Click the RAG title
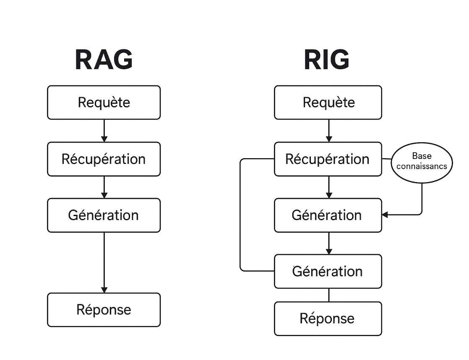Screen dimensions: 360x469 point(104,60)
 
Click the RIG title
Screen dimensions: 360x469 point(326,60)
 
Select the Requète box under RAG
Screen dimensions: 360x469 point(104,102)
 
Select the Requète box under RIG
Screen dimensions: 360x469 point(328,102)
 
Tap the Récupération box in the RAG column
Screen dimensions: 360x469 point(104,159)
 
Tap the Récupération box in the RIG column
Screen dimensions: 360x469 point(328,159)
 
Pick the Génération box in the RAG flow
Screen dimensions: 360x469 point(104,215)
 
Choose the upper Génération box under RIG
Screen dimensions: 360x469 point(328,215)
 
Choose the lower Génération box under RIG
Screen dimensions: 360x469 point(328,271)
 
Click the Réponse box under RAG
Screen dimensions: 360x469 point(104,310)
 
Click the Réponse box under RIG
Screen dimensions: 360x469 point(328,318)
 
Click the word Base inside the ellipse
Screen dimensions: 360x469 point(422,156)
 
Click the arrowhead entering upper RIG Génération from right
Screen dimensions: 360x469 point(385,215)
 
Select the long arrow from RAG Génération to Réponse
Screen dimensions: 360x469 point(104,262)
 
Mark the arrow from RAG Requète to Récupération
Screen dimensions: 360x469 point(104,130)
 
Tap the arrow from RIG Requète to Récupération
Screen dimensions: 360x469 point(328,130)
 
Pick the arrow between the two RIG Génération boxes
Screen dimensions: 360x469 point(328,243)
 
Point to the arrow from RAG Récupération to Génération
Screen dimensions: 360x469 point(104,187)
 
